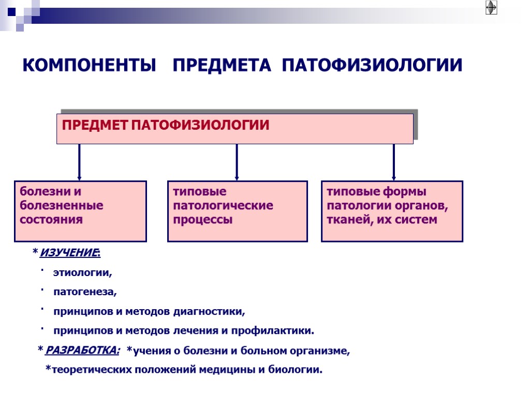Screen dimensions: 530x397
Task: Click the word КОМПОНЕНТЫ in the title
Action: click(90, 66)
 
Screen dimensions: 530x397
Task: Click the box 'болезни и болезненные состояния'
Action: click(80, 211)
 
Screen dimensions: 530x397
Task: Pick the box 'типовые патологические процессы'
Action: click(237, 211)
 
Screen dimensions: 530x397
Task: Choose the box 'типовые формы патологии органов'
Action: click(392, 211)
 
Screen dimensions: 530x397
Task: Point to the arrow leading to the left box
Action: click(79, 162)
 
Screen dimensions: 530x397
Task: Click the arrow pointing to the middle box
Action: click(237, 162)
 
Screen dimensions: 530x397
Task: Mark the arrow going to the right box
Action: click(394, 162)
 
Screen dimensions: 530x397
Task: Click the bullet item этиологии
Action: click(82, 272)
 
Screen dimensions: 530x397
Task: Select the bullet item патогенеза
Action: click(85, 292)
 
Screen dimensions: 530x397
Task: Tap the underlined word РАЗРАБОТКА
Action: click(82, 351)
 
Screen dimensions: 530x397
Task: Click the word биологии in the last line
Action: click(300, 370)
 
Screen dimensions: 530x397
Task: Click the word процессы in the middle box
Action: click(202, 220)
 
